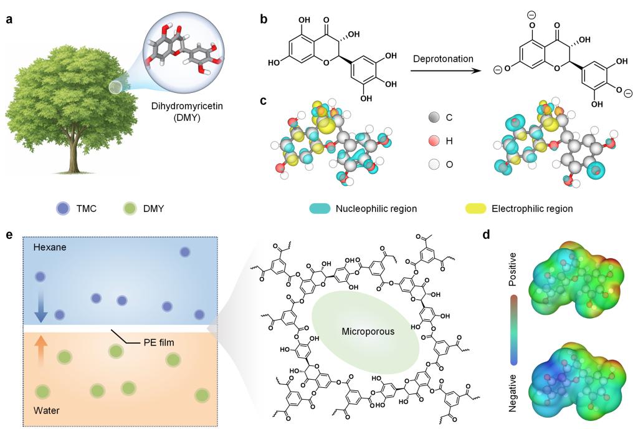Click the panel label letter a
[x=9, y=19]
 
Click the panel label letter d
[x=486, y=234]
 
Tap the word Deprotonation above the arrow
[x=443, y=59]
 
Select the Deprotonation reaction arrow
[x=444, y=70]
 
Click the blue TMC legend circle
[x=63, y=208]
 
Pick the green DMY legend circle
[x=130, y=208]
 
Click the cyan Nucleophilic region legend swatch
[x=320, y=208]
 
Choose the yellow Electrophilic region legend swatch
[x=475, y=208]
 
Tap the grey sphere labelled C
[x=434, y=117]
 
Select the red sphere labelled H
[x=434, y=141]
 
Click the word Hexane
[x=50, y=247]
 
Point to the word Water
[x=46, y=410]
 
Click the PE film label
[x=159, y=342]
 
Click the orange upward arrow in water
[x=40, y=350]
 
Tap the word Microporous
[x=368, y=331]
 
